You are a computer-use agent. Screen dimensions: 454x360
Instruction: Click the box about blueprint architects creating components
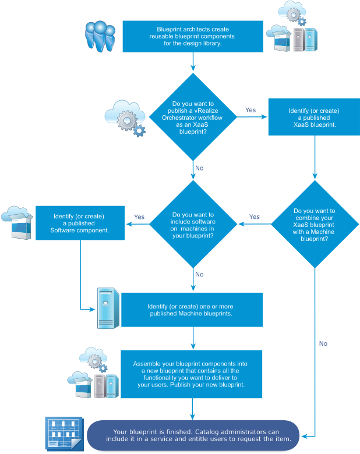(193, 36)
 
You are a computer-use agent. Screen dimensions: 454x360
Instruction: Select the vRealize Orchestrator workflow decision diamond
(193, 117)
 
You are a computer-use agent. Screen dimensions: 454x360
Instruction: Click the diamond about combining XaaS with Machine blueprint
(315, 225)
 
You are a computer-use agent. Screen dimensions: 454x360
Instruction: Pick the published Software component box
(80, 222)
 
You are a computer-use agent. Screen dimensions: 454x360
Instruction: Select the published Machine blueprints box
(193, 310)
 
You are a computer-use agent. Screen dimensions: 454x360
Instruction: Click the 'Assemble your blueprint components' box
(191, 374)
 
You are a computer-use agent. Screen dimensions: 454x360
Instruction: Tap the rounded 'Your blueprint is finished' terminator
(193, 435)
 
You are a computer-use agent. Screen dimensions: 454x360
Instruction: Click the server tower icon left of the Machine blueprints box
(108, 308)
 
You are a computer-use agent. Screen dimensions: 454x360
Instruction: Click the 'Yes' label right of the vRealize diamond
(250, 110)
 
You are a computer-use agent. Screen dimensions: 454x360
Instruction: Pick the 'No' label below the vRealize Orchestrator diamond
(199, 168)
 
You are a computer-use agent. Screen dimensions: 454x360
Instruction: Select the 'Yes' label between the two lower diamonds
(255, 217)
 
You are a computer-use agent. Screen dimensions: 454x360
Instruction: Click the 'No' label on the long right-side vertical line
(323, 343)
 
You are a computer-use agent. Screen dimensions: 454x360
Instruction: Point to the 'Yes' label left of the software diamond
(139, 217)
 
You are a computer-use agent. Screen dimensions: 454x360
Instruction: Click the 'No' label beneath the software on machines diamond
(199, 274)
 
